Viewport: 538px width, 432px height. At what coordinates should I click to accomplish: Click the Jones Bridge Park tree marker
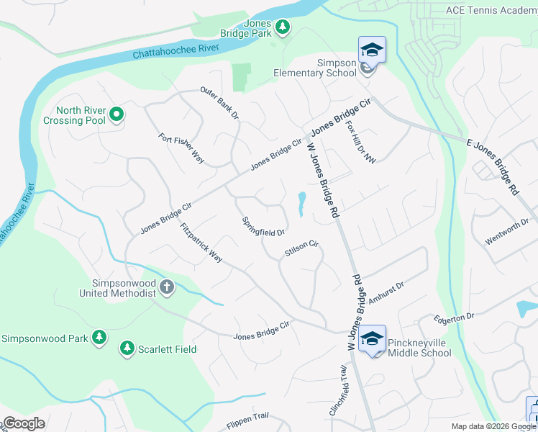point(283,27)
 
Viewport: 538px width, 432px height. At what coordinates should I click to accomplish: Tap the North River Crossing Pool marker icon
point(116,114)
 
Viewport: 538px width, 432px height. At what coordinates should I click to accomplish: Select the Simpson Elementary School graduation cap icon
point(372,50)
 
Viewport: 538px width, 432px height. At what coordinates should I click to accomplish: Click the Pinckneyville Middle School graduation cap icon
point(372,338)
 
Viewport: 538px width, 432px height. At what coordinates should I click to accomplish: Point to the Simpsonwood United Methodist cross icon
point(167,287)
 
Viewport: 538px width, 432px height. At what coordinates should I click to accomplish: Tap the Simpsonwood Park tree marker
point(99,338)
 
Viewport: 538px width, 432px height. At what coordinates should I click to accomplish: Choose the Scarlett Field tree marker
point(127,348)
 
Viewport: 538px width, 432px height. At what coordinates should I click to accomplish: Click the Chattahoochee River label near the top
point(175,50)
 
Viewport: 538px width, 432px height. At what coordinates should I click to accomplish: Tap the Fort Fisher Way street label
point(181,148)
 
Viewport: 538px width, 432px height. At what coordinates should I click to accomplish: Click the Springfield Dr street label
point(263,227)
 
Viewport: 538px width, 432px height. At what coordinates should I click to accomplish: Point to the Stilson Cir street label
point(301,249)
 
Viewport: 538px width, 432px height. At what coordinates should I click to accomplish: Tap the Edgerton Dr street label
point(454,318)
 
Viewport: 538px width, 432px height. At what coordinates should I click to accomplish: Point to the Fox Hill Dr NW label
point(360,140)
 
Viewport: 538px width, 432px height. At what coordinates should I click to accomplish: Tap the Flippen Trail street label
point(247,416)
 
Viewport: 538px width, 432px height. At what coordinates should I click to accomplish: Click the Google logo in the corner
point(23,423)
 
